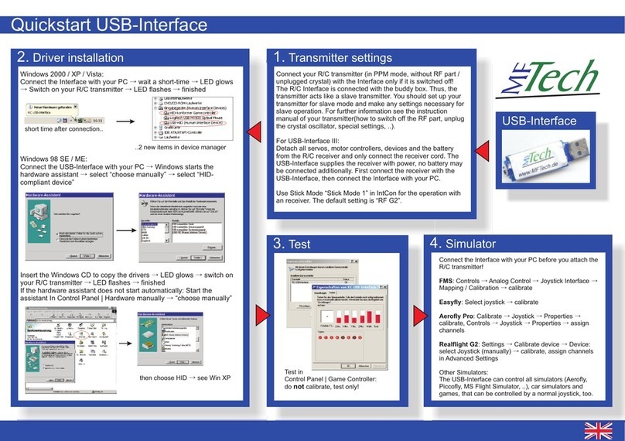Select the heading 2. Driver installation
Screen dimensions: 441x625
click(x=70, y=58)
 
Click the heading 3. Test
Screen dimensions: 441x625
click(x=293, y=244)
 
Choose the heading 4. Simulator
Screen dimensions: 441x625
click(x=465, y=244)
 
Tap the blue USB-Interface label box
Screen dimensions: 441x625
click(x=540, y=121)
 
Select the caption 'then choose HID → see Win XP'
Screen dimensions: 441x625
click(x=186, y=378)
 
